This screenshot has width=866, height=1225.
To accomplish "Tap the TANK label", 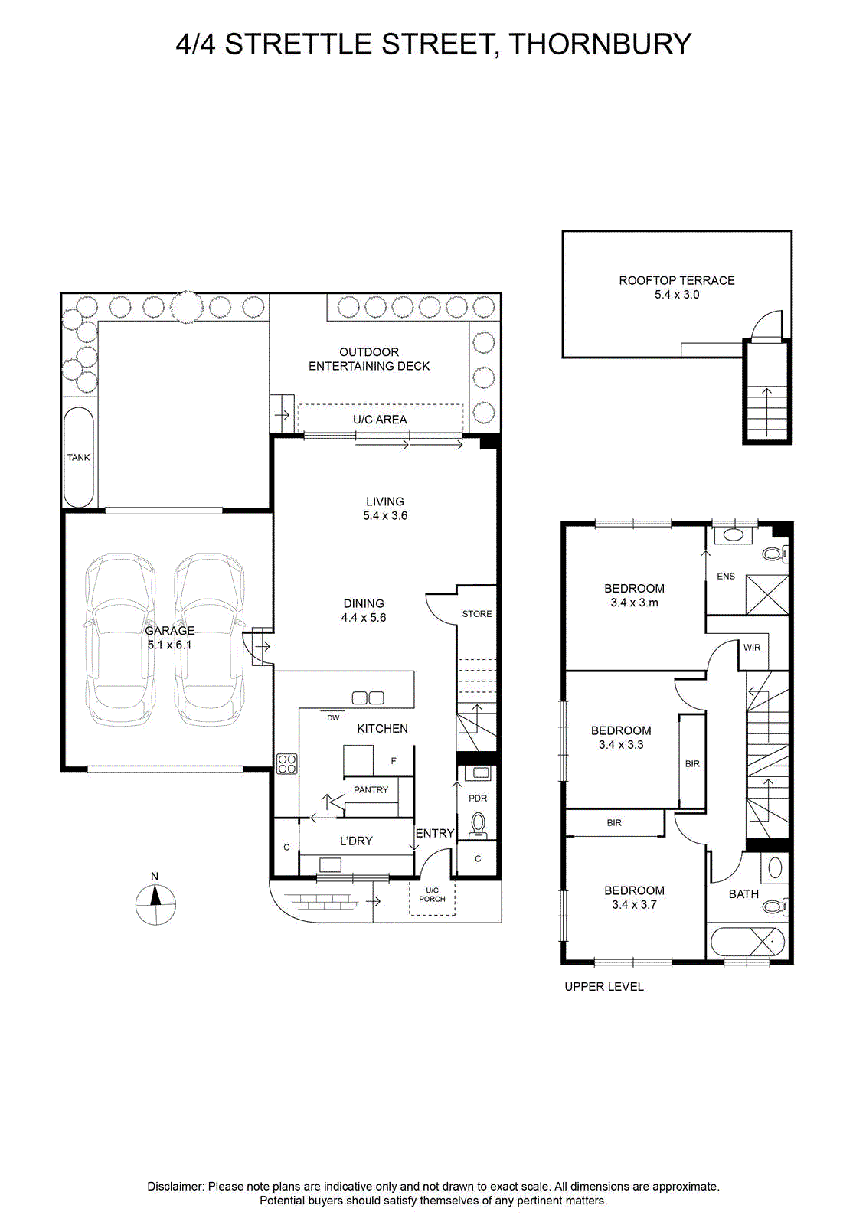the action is click(x=78, y=457).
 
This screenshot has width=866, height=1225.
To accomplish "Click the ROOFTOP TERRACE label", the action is click(x=677, y=280).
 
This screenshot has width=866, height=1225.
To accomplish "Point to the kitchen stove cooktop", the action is click(x=286, y=764).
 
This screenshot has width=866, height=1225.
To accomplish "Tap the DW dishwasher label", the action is click(x=333, y=718).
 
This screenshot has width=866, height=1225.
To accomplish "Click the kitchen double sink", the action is click(x=368, y=697).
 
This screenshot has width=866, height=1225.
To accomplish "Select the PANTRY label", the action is click(x=371, y=789).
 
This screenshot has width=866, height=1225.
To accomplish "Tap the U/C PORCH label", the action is click(x=432, y=895).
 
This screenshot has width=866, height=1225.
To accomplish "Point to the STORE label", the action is click(x=477, y=614).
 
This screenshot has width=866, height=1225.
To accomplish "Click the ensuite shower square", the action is click(x=767, y=594).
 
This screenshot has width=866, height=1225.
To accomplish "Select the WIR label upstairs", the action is click(x=752, y=648).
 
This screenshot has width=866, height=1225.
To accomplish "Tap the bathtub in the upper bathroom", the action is click(x=747, y=942).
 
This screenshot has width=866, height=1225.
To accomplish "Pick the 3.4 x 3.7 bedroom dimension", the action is click(x=634, y=904).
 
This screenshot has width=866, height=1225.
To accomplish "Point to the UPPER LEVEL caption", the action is click(x=604, y=987).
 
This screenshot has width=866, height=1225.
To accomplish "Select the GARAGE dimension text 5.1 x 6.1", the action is click(x=169, y=645).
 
